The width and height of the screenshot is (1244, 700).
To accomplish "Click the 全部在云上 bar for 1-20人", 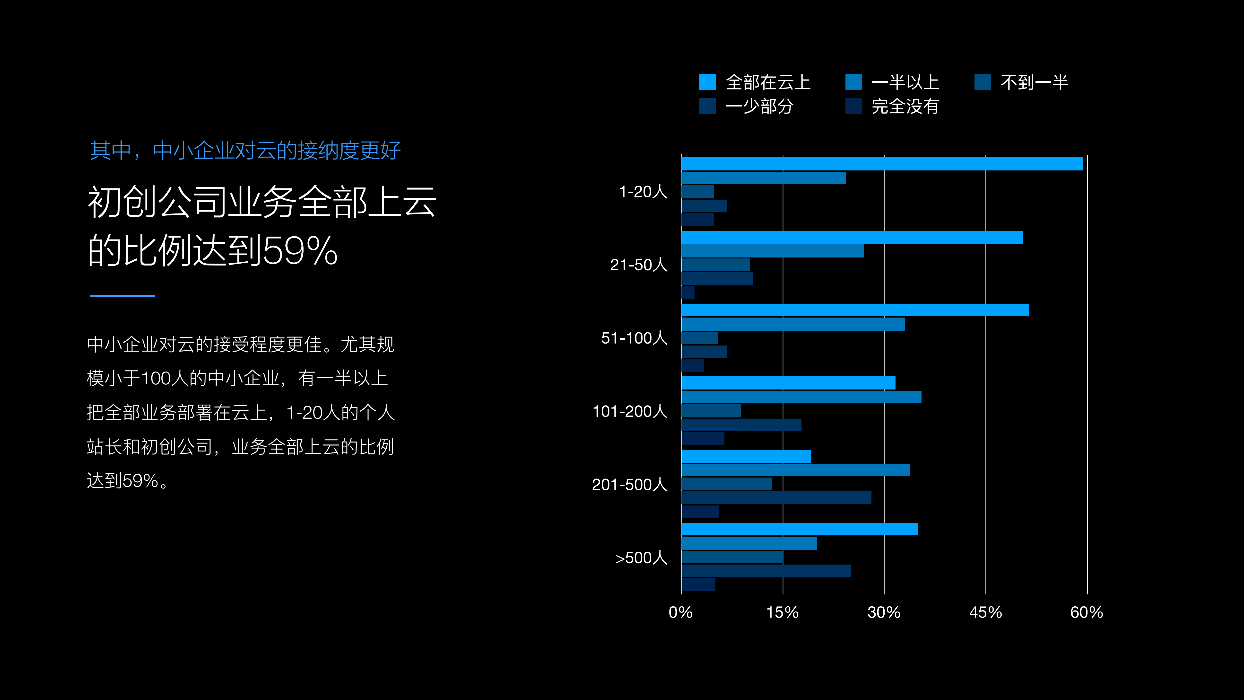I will (x=881, y=164).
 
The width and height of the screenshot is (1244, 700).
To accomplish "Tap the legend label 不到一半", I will (x=1034, y=82).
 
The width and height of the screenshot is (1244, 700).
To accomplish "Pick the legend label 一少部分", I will (x=759, y=106).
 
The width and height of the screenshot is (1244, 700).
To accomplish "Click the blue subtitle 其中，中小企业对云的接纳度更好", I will (x=245, y=150).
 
